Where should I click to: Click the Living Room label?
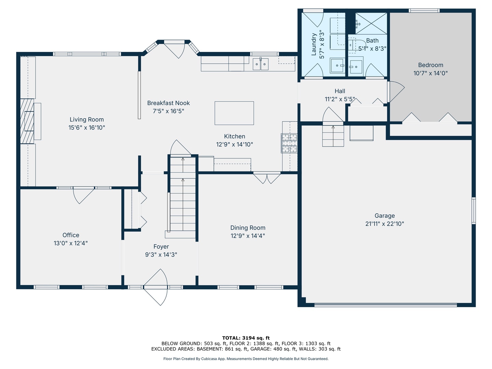coord(86,120)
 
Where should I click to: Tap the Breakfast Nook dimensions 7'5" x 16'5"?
coord(168,111)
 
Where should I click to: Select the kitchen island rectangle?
coord(234,113)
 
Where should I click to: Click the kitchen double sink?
coord(260,64)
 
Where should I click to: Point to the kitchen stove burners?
coord(289,143)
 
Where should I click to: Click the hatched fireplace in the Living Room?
coord(27,121)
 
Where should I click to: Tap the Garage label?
coord(385,216)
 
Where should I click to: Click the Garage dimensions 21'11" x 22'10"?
coord(385,223)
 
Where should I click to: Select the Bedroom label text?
coord(430,65)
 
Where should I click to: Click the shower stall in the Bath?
coord(371,24)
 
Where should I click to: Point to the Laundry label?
coord(314,44)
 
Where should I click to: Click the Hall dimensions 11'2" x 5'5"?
coord(340,99)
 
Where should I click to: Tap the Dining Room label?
coord(248,228)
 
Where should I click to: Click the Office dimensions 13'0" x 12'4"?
coord(71,243)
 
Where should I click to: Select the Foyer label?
coord(161,246)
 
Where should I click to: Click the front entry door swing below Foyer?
coord(155,287)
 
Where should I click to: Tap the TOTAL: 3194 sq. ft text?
coord(246,338)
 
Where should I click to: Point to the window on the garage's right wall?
coord(474,210)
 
